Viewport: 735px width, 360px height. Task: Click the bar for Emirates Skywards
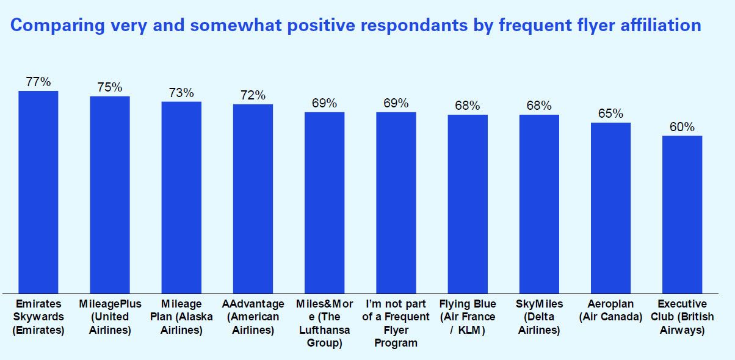pos(38,192)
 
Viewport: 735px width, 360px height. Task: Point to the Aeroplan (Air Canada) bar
pos(610,207)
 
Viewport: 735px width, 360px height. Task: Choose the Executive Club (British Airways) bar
pos(682,214)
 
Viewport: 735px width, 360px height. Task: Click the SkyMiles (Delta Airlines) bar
pos(539,204)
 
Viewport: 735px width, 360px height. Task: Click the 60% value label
pos(682,127)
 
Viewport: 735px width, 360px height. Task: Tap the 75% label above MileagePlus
pos(110,87)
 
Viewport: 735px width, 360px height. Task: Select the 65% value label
pos(610,114)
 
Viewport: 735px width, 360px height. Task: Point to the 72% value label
pos(253,95)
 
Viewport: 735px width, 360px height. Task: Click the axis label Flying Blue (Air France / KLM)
pos(468,317)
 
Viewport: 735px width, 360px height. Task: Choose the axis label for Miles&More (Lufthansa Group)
pos(324,323)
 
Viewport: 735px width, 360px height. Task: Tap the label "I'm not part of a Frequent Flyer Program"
pos(396,323)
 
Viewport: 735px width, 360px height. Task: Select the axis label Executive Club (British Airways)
pos(682,317)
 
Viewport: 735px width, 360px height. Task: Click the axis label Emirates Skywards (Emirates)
pos(38,317)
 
